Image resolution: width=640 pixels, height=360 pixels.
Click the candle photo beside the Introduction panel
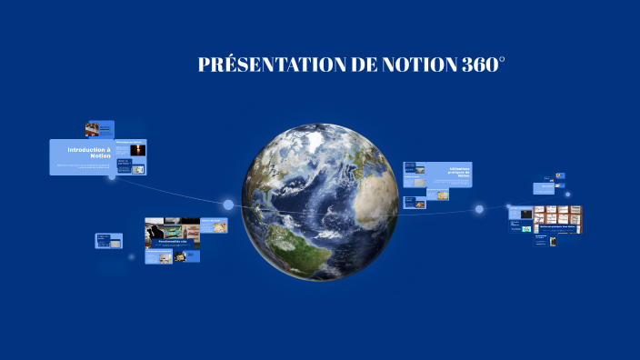(x=137, y=150)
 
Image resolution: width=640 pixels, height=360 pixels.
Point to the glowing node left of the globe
(x=228, y=205)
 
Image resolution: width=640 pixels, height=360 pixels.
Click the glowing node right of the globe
(x=479, y=209)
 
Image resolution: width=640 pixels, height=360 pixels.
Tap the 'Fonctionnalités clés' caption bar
(x=172, y=242)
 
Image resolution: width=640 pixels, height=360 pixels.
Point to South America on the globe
(x=295, y=241)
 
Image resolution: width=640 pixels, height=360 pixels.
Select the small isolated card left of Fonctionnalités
(x=103, y=241)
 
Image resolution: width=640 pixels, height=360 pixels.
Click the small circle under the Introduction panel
(x=112, y=177)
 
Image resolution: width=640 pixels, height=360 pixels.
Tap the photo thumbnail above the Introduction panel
(x=93, y=129)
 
